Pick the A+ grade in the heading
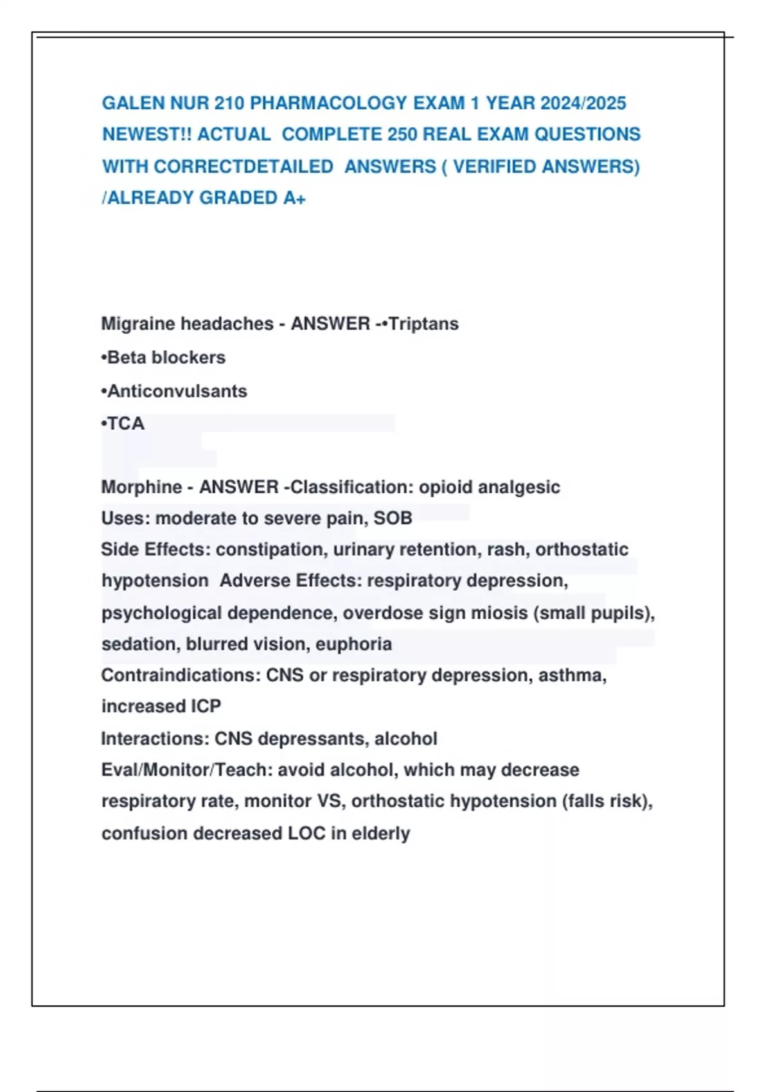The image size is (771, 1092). (x=294, y=198)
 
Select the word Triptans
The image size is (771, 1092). (x=423, y=324)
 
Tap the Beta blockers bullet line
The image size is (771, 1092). (x=164, y=358)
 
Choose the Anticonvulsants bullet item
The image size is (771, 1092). (x=174, y=391)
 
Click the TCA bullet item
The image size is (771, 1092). (x=123, y=424)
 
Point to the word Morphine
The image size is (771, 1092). (x=141, y=488)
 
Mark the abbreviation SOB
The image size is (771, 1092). (x=393, y=518)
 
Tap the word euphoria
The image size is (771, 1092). (x=353, y=644)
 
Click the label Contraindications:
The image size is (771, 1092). (x=181, y=676)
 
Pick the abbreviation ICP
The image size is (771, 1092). (x=206, y=707)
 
